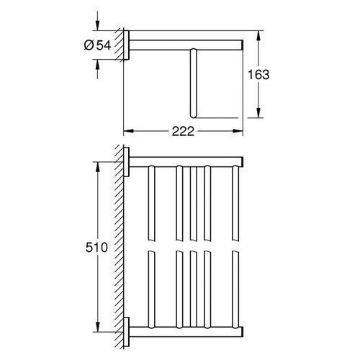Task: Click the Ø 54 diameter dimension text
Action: coord(96,45)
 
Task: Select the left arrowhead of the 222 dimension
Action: coord(128,132)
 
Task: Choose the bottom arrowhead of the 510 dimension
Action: coord(94,328)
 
